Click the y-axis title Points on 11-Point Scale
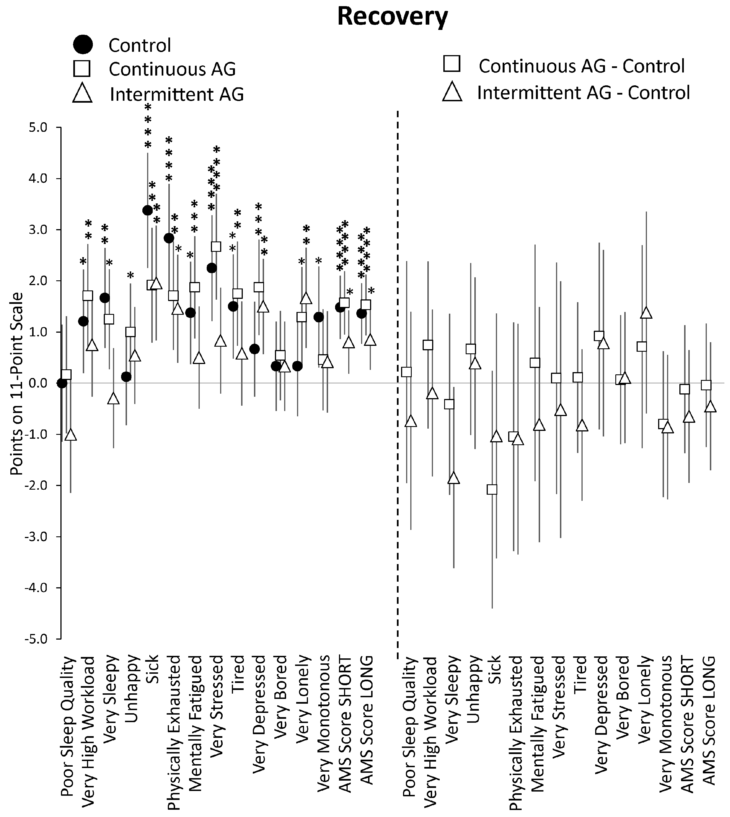[x=17, y=383]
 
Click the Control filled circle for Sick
[x=147, y=210]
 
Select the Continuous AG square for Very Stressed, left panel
[x=216, y=246]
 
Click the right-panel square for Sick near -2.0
[x=492, y=489]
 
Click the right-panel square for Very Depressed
[x=599, y=336]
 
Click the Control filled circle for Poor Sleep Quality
[x=62, y=383]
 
